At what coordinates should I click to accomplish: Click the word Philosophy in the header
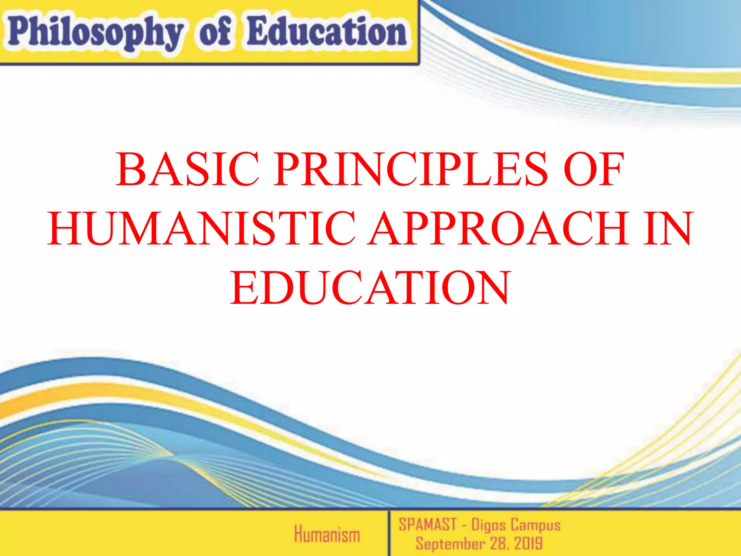click(x=95, y=33)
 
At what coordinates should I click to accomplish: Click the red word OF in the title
click(x=594, y=169)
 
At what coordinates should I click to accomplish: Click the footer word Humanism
click(x=327, y=534)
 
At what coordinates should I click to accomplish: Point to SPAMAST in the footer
click(x=428, y=525)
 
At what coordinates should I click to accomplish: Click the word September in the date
click(x=450, y=543)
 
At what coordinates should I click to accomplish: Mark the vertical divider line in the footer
click(x=389, y=532)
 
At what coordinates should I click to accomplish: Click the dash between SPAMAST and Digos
click(x=464, y=525)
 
